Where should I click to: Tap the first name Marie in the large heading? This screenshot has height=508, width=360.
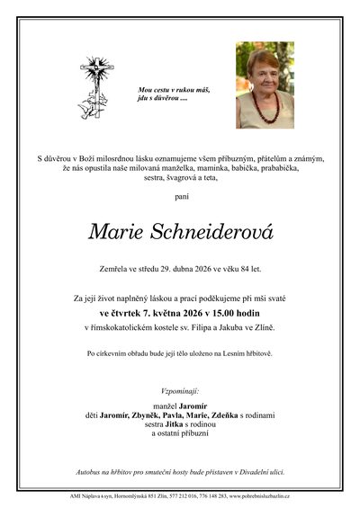point(114,233)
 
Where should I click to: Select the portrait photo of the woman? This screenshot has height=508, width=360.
point(265,85)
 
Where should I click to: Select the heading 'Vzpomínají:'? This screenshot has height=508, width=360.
point(180,393)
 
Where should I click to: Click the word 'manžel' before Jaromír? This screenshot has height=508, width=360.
point(154,404)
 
